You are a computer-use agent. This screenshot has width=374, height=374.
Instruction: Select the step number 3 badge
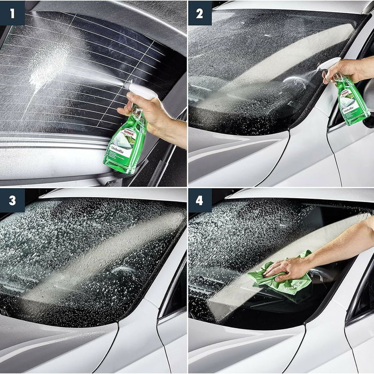(x=12, y=200)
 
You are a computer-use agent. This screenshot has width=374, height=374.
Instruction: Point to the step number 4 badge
(x=200, y=200)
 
